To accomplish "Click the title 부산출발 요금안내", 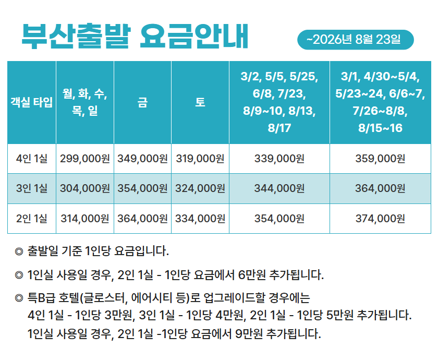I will point(135,37).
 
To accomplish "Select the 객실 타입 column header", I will point(32,102).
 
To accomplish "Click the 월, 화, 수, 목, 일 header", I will point(85,102).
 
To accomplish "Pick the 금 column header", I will point(142,102).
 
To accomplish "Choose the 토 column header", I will point(200,102).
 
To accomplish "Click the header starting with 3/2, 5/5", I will point(279,102).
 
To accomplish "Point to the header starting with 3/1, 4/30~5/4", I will point(380,102).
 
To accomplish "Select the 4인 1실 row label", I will point(32,159).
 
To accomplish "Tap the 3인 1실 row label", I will point(32,188).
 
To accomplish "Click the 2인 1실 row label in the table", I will point(32,219).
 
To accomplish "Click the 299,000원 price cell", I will point(85,159).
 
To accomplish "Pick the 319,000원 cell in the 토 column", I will point(200,159).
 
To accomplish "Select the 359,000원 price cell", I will point(380,159).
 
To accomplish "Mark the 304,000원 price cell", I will point(85,188).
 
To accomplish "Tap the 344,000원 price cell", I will point(279,188).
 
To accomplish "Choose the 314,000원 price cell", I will point(85,219).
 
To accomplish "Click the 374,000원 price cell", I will point(380,219).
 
